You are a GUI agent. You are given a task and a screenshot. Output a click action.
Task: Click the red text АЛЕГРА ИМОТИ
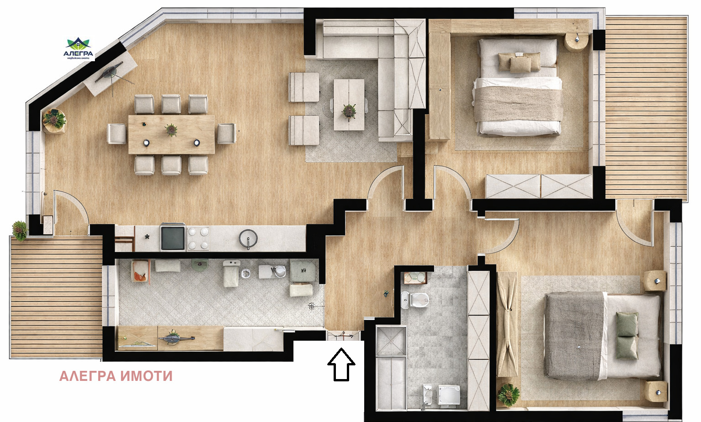click(x=116, y=376)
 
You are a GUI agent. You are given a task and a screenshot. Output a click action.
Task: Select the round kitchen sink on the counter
click(x=248, y=238)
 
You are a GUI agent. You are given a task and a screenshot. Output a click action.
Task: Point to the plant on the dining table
click(x=172, y=130)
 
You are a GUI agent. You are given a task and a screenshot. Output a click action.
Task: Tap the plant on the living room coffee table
click(x=349, y=111)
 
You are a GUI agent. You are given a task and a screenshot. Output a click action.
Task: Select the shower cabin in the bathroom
click(x=391, y=340)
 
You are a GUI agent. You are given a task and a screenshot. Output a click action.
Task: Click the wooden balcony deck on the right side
click(x=646, y=107)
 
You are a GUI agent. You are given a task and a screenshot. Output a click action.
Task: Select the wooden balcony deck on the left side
click(x=56, y=297)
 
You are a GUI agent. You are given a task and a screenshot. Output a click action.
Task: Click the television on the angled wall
click(x=111, y=72)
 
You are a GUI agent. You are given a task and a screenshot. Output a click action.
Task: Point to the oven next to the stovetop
click(x=173, y=238)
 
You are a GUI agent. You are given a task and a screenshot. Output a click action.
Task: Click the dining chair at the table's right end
click(x=226, y=133)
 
